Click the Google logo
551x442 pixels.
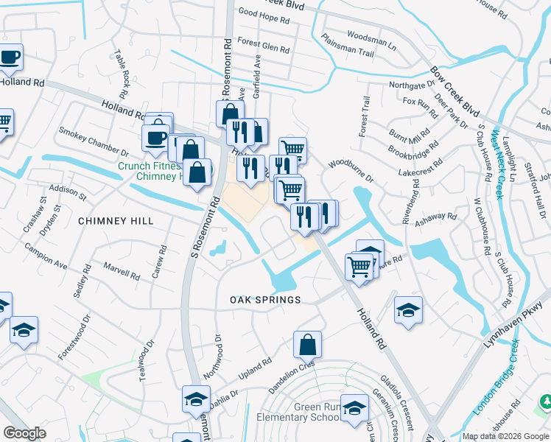point(24,433)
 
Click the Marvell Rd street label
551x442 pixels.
point(122,271)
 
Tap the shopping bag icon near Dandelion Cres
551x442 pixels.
point(307,344)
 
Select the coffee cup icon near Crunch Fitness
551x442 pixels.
point(155,137)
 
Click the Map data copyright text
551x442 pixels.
point(505,436)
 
